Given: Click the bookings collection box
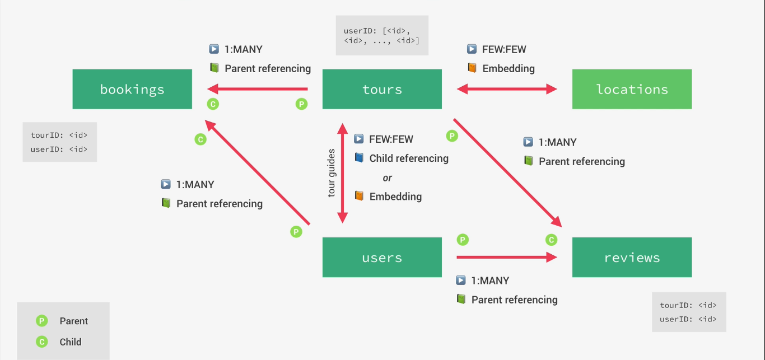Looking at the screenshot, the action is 132,89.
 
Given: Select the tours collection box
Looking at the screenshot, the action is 382,89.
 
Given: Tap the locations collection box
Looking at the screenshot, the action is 632,89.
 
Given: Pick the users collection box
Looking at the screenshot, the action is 382,257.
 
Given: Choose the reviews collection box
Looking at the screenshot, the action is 632,257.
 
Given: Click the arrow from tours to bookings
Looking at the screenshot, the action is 258,89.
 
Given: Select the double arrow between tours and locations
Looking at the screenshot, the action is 507,89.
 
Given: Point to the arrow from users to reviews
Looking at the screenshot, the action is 507,257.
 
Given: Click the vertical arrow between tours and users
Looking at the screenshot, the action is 342,173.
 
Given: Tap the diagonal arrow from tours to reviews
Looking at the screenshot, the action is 507,173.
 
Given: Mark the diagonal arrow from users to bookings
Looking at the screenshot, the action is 257,172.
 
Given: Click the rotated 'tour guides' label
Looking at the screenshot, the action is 332,173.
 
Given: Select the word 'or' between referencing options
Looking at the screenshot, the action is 388,178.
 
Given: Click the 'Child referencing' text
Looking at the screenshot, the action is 409,158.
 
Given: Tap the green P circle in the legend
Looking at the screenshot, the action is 41,321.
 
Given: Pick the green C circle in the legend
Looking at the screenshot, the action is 41,342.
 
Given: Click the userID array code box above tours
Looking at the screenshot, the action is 382,35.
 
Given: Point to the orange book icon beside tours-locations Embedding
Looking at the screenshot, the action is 472,68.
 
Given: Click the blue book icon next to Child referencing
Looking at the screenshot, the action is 359,157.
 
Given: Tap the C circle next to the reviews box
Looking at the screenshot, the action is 551,240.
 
